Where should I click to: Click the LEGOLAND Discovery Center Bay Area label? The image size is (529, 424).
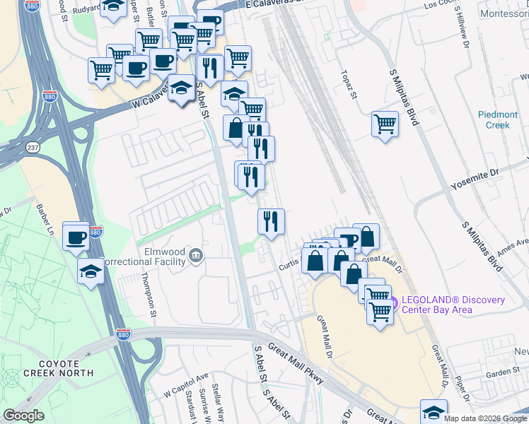(453, 305)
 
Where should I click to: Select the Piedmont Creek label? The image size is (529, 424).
(497, 119)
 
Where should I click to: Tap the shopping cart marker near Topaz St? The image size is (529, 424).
(385, 124)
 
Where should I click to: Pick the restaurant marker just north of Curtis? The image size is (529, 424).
(271, 221)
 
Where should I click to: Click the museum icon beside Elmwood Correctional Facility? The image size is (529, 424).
(197, 255)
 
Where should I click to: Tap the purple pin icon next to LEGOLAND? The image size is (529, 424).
(394, 300)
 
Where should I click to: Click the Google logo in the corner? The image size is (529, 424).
(23, 416)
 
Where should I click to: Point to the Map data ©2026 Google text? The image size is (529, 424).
(484, 418)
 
